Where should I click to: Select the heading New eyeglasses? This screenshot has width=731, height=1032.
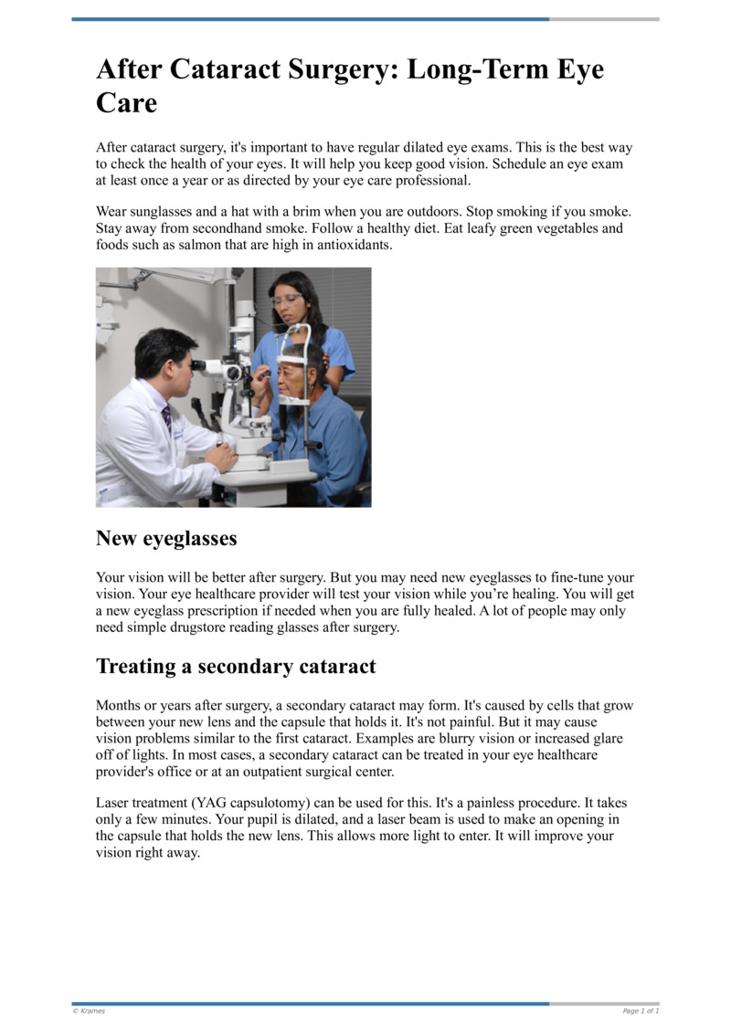166,539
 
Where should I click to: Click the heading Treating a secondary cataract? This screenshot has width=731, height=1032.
236,667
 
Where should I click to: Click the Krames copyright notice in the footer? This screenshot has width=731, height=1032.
89,1011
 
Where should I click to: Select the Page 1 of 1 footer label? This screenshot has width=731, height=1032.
641,1011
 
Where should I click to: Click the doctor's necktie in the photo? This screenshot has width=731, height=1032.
166,419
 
